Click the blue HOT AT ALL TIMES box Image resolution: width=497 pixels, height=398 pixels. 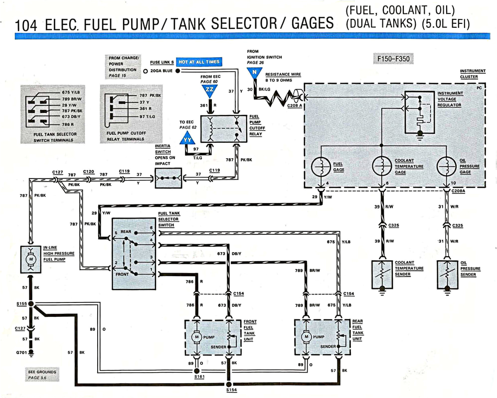[x=198, y=62]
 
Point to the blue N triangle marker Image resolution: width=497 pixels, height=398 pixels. [x=255, y=73]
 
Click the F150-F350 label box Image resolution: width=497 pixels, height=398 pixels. [x=393, y=59]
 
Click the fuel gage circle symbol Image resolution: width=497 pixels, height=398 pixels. [x=321, y=167]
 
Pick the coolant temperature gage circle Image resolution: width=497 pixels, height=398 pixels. [x=382, y=167]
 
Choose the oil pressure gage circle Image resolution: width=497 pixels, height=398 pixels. [x=446, y=167]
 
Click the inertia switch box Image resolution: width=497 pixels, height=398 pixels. [x=167, y=178]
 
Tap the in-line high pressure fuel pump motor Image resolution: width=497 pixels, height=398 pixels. [x=30, y=259]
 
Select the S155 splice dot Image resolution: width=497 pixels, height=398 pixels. [x=30, y=303]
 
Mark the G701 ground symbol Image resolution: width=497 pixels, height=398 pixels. [x=30, y=353]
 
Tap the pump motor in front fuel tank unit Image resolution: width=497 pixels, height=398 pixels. [x=197, y=337]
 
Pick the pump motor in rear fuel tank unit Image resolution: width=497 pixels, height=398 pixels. [x=306, y=337]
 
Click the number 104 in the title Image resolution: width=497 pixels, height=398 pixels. [x=26, y=24]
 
